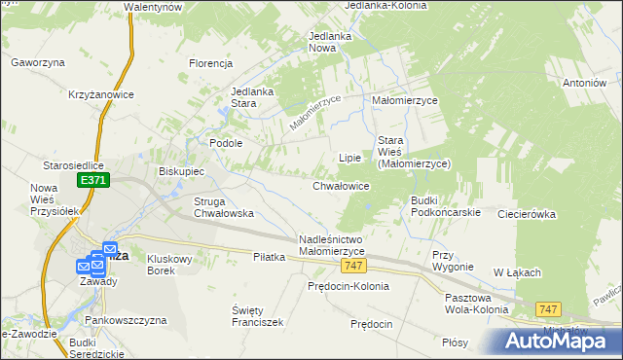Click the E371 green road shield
tap(94, 181)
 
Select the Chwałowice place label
tap(341, 185)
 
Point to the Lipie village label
tap(348, 157)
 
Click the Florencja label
tap(211, 64)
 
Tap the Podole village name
tap(226, 142)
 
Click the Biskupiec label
tap(181, 171)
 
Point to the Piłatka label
tap(269, 257)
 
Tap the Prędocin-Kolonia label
tap(348, 286)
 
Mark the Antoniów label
tap(584, 84)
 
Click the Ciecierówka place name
tap(526, 213)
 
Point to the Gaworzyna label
tap(38, 62)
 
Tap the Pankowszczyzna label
tap(126, 320)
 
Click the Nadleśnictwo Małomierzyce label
tap(332, 245)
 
